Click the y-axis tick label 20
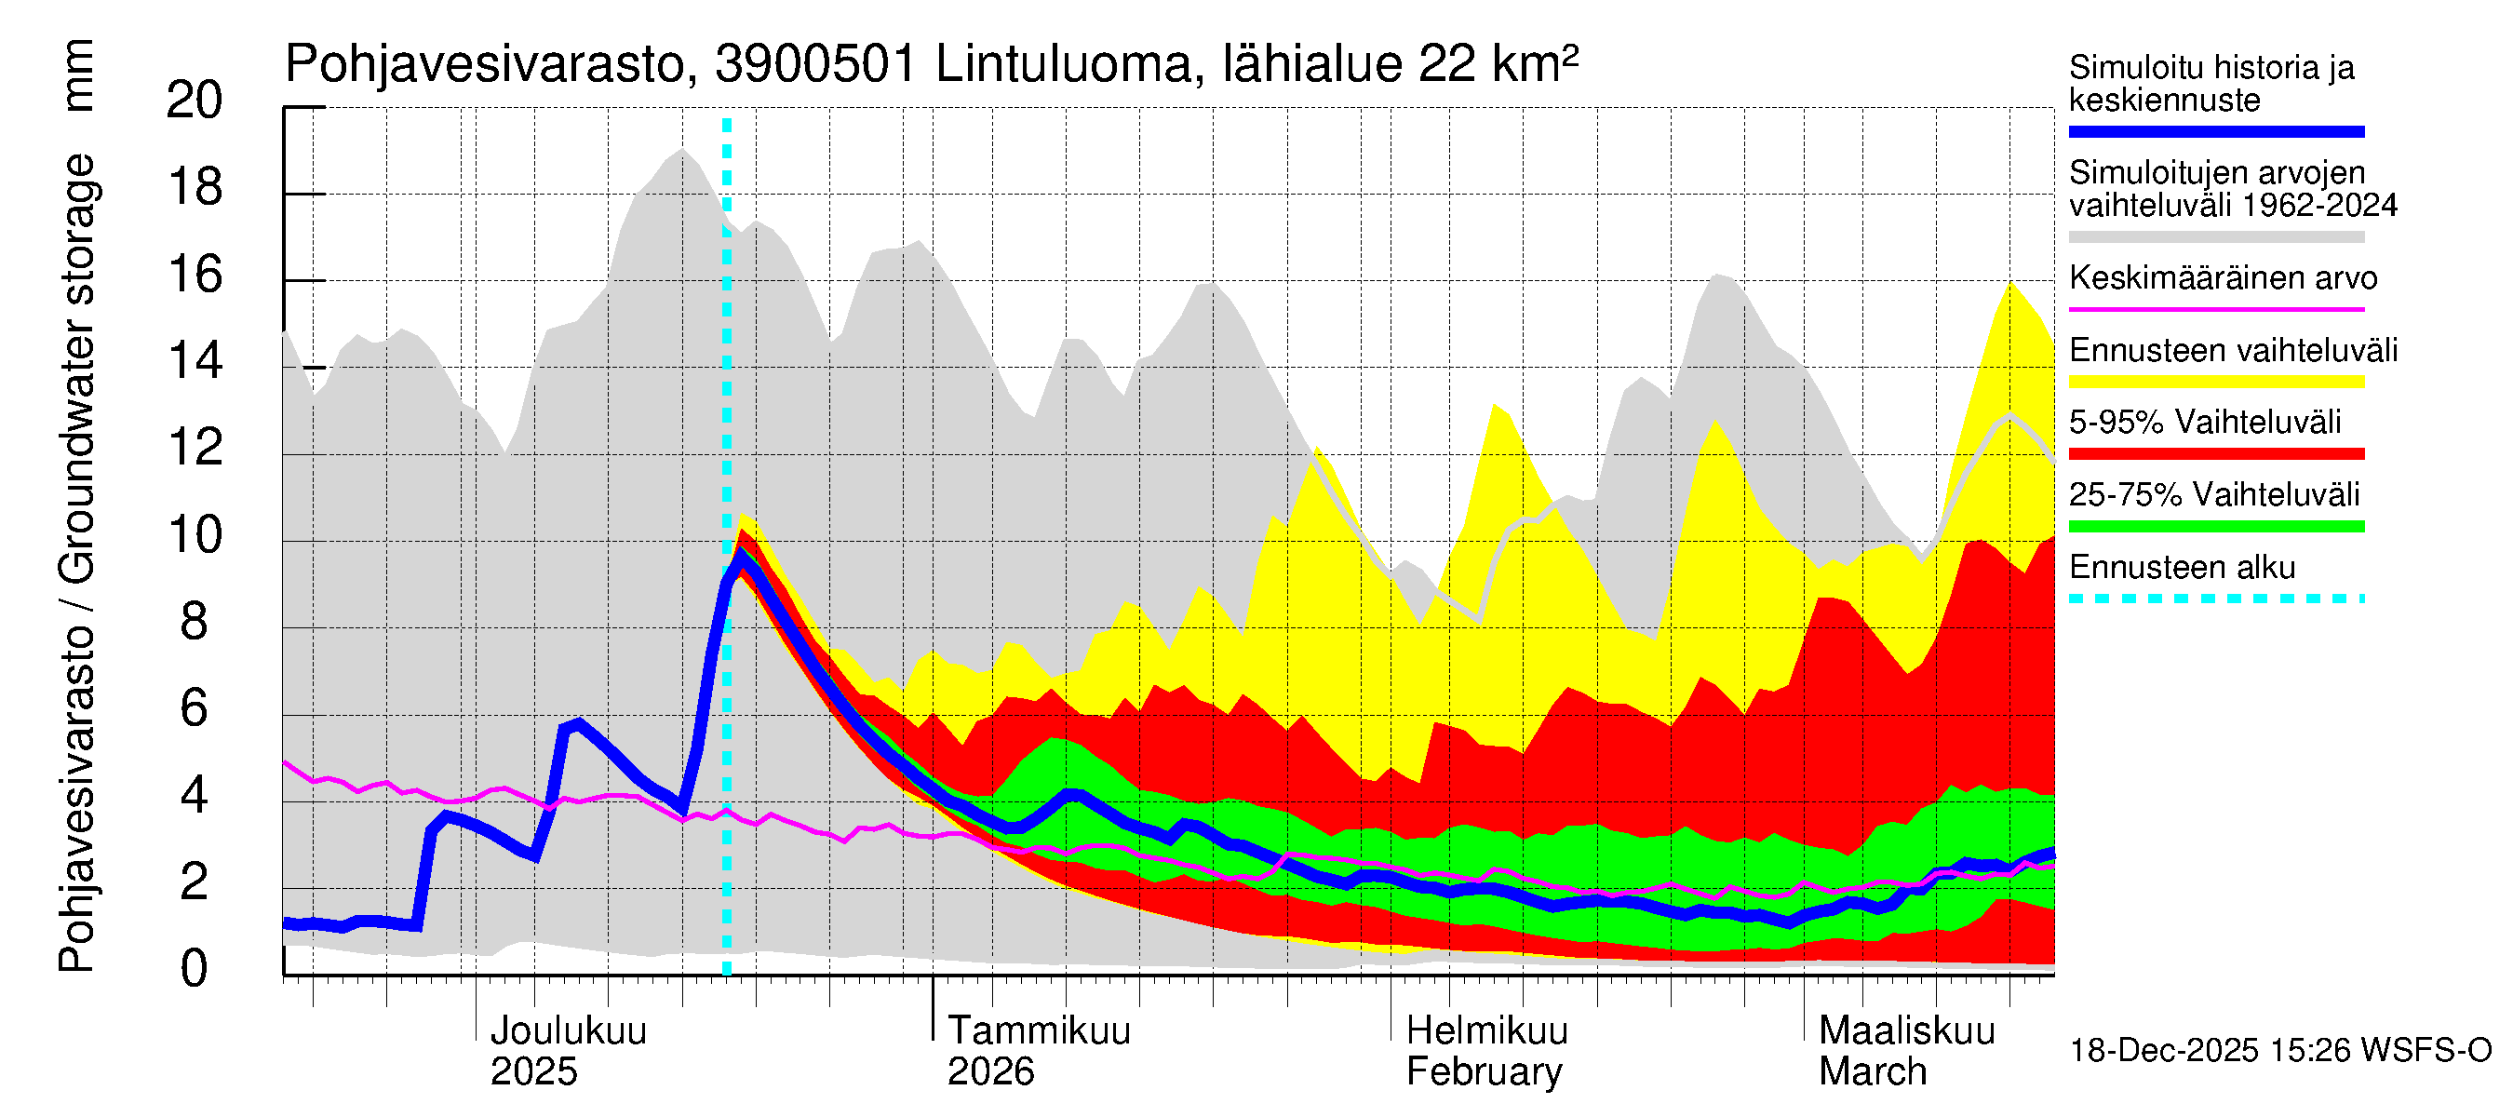[195, 101]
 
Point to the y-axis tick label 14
[195, 361]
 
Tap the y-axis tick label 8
[195, 622]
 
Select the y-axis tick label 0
[195, 969]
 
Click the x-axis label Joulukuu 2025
[567, 1051]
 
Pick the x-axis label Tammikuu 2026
[1038, 1051]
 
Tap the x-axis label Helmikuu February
[1485, 1051]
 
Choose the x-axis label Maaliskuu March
[1906, 1051]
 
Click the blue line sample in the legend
[2215, 131]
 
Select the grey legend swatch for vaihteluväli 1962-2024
[2215, 237]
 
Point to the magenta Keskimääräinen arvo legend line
[2215, 309]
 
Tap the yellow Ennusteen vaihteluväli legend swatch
[2215, 382]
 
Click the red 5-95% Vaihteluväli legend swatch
[2215, 453]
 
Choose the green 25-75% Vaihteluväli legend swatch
[2215, 527]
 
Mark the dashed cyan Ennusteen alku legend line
[2215, 598]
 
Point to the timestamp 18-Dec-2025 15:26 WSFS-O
[2279, 1051]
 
